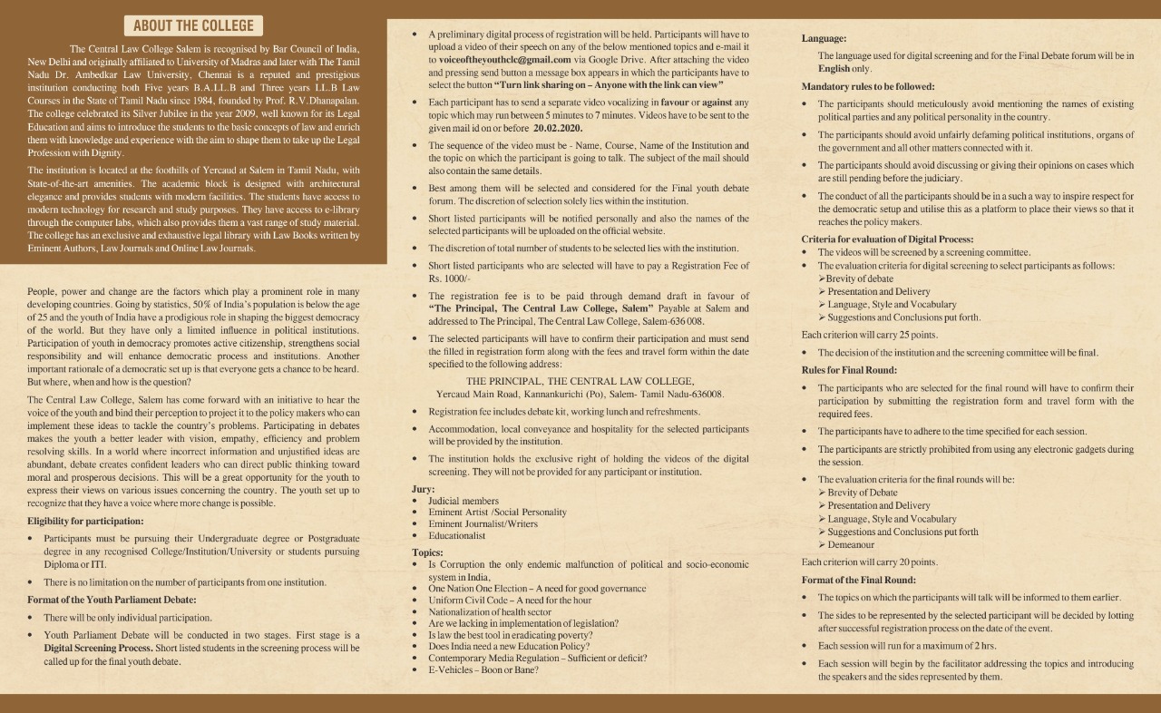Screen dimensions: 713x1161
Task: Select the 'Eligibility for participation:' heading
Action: pos(85,522)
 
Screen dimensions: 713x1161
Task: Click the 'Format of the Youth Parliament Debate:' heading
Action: pos(112,600)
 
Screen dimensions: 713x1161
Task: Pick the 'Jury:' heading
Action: pos(423,490)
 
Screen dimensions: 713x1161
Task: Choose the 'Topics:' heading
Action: pos(427,552)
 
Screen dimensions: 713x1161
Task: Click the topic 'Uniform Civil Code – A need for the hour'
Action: pos(510,601)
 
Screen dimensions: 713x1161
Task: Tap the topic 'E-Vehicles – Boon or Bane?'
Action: pos(483,669)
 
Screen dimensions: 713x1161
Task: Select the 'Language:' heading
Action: pos(824,38)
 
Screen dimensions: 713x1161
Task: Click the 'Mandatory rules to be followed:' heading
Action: pos(868,86)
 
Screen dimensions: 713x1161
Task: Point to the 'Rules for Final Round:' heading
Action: pos(849,370)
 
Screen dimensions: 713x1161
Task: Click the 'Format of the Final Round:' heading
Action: pos(858,580)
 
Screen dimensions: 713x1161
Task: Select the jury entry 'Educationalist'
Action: pos(456,536)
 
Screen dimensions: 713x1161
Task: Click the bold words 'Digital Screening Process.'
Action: pos(97,649)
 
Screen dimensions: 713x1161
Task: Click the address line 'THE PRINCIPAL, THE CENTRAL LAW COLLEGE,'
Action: pos(580,381)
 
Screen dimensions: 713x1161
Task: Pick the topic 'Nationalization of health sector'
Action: pos(490,612)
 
